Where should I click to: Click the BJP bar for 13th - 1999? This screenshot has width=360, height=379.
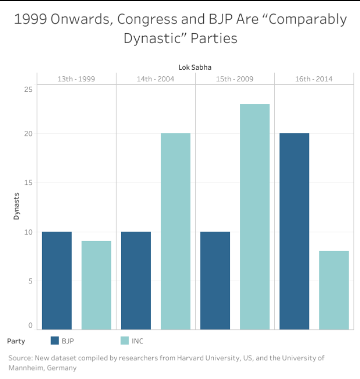[x=57, y=280]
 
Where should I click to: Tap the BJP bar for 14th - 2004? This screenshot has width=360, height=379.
[x=136, y=280]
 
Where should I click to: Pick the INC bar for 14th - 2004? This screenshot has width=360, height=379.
[x=175, y=231]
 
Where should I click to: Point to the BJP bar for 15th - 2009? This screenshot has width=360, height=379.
[x=215, y=280]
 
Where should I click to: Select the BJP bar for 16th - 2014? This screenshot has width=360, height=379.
[x=294, y=231]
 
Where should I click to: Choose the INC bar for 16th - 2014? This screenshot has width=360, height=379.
[x=333, y=290]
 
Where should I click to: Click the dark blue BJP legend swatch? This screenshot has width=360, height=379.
[x=55, y=341]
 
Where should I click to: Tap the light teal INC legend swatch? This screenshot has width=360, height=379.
[x=125, y=341]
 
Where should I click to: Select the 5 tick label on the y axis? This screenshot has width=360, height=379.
[x=30, y=281]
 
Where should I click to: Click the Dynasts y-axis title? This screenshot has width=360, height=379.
[x=16, y=206]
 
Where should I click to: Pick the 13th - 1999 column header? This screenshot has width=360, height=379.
[x=76, y=79]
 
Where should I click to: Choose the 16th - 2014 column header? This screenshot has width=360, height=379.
[x=313, y=79]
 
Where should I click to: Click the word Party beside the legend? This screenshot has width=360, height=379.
[x=16, y=341]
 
